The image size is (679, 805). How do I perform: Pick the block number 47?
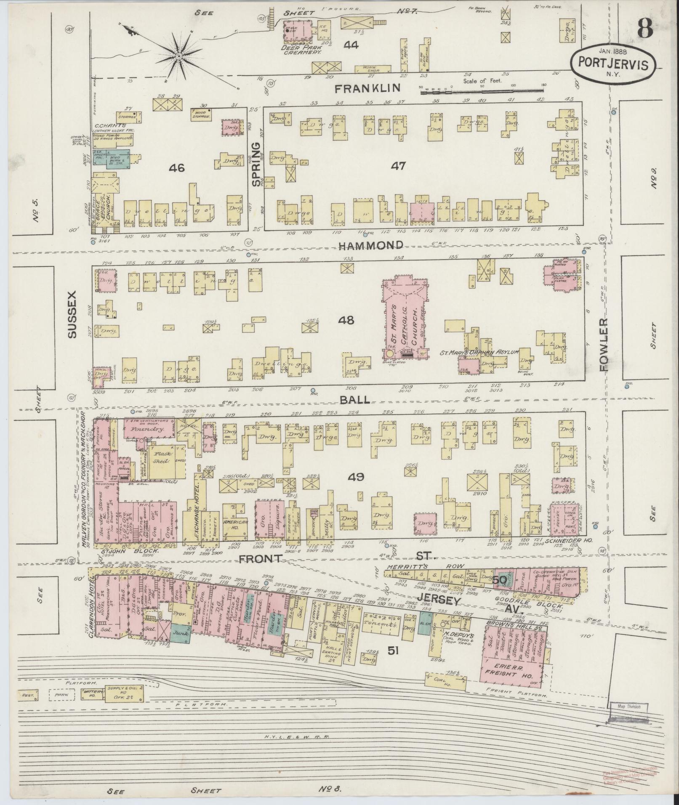pyautogui.click(x=398, y=166)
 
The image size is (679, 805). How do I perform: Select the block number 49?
pyautogui.click(x=356, y=477)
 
